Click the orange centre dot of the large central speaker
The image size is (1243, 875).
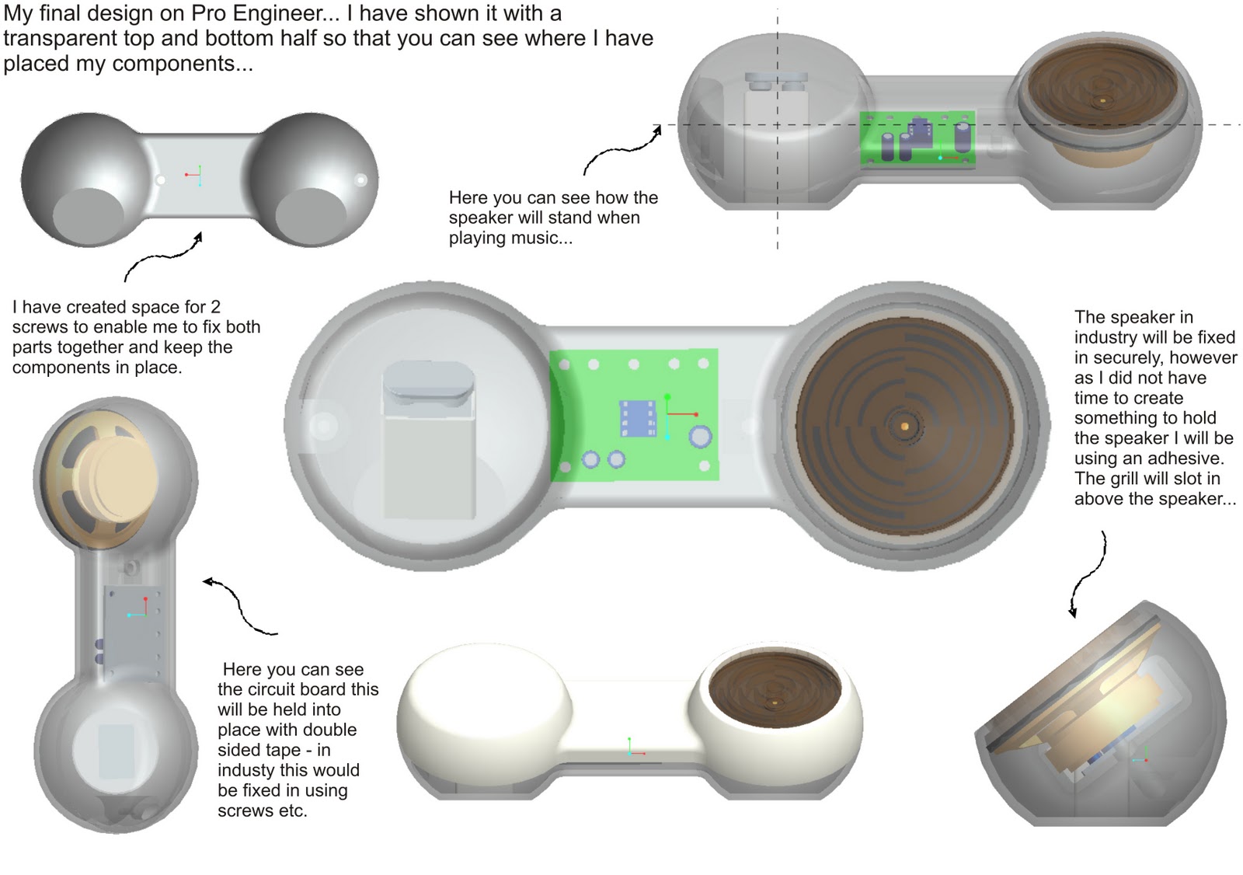tap(904, 426)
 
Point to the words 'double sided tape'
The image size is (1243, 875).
tap(287, 740)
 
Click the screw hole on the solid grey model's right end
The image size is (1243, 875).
tap(360, 180)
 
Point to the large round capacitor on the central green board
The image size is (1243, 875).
tap(700, 437)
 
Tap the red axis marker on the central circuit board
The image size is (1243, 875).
tap(695, 414)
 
